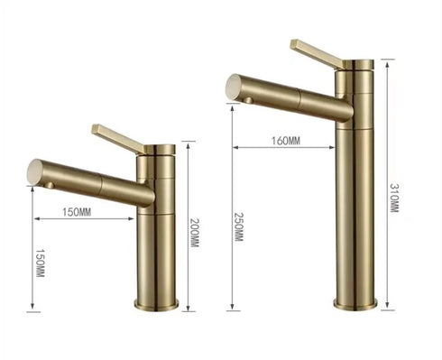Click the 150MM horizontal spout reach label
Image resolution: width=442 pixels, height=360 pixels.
[x=77, y=212]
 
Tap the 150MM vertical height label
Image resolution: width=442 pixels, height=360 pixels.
[x=40, y=263]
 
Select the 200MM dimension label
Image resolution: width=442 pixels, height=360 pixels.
[x=195, y=233]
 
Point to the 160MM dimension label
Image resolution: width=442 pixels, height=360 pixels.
[x=286, y=141]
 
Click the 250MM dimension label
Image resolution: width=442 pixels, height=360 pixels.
[x=238, y=227]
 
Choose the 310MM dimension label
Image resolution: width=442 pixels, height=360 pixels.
[x=394, y=198]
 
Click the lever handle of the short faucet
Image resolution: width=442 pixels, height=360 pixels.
[x=118, y=138]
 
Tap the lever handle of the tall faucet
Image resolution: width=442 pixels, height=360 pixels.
[x=317, y=53]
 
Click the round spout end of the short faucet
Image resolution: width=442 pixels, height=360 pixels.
[x=35, y=171]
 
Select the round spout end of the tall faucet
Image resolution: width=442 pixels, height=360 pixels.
[x=234, y=87]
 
